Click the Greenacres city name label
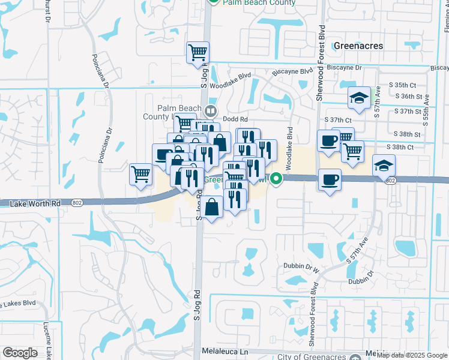tap(358, 46)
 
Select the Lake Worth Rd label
tap(35, 204)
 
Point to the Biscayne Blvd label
tap(292, 73)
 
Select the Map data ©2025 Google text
tap(412, 355)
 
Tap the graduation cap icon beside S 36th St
tap(359, 98)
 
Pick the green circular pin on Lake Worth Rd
tap(276, 178)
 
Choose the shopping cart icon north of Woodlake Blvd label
tap(197, 53)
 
